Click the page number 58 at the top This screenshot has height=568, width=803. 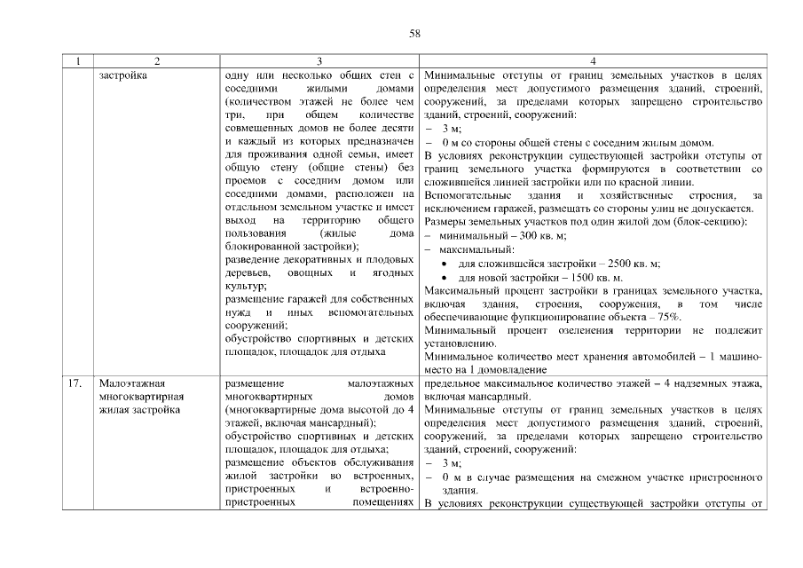point(413,34)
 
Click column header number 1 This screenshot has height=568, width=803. point(79,61)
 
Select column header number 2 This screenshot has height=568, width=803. point(157,61)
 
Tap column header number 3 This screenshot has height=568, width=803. point(319,61)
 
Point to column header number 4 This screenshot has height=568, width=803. point(593,61)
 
